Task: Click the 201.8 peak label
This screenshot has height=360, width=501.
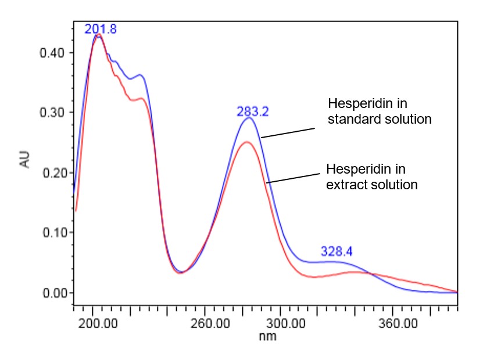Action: tap(101, 29)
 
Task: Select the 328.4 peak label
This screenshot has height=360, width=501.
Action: tap(337, 252)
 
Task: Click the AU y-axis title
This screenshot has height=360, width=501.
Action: tap(25, 160)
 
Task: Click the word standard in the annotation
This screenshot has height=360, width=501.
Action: tap(349, 120)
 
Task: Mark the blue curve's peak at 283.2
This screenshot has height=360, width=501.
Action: tap(249, 118)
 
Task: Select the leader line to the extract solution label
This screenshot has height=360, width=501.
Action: tap(294, 178)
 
